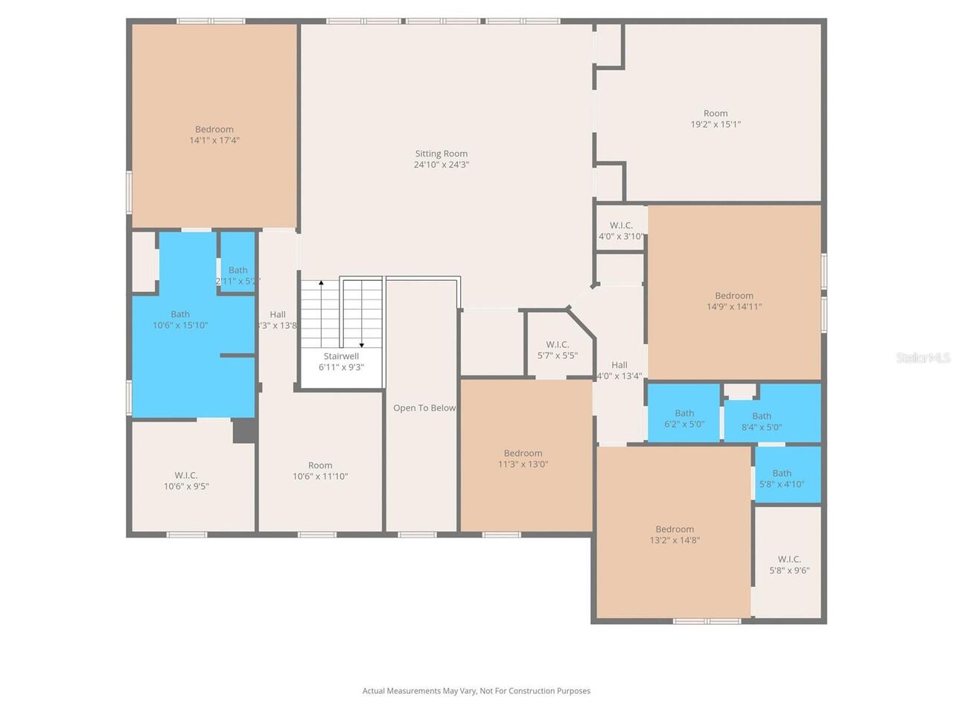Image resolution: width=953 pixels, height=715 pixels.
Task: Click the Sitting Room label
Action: [x=442, y=154]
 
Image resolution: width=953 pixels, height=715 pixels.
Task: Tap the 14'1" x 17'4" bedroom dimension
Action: [x=214, y=140]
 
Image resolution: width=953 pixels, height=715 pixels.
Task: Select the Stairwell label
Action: [x=341, y=357]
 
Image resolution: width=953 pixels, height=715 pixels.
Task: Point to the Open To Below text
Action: [x=424, y=408]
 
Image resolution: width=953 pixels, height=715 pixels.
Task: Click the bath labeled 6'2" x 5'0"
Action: [x=684, y=419]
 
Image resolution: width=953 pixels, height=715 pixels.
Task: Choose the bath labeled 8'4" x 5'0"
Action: [x=762, y=422]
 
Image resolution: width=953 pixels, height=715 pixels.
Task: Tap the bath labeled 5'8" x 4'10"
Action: [x=782, y=478]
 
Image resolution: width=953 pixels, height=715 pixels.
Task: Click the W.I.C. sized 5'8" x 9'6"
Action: [x=789, y=565]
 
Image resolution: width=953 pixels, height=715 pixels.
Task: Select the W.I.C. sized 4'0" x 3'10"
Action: [x=621, y=231]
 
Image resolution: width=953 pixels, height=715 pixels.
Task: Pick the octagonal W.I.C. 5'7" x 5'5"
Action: [x=557, y=350]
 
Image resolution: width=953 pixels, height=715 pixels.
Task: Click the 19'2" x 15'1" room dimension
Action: [x=715, y=124]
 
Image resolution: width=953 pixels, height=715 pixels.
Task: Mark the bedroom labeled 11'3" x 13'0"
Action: [x=523, y=458]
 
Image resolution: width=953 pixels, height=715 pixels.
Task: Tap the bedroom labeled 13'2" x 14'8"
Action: [x=675, y=535]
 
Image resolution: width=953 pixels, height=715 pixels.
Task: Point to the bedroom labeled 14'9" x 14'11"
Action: [x=734, y=301]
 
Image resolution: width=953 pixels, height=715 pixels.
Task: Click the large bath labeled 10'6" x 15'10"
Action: [x=180, y=320]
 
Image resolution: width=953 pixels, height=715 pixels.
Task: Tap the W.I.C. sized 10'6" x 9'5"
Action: [x=186, y=480]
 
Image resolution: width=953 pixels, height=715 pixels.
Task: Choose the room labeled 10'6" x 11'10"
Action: [x=320, y=471]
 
